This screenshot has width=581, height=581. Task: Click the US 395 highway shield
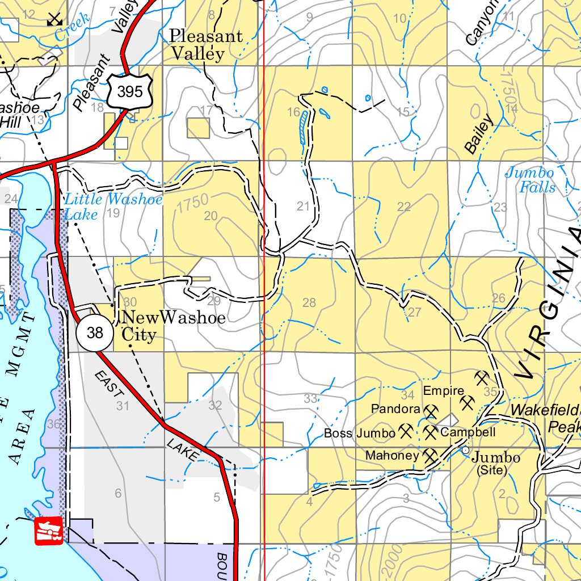coord(130,91)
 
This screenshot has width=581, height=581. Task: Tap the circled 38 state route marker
coord(95,332)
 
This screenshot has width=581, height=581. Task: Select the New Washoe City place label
coord(174,326)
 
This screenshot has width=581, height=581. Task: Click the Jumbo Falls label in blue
coord(531,180)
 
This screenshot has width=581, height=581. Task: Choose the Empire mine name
coord(444,391)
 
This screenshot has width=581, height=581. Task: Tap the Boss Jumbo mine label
coord(359,433)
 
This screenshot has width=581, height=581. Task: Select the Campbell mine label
coord(468,432)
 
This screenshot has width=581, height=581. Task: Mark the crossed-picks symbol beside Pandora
coord(431,410)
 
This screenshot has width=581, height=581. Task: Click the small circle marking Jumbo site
coord(465,450)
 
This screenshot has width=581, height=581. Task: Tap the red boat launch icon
coord(49,531)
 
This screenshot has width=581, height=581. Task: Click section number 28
coord(309,302)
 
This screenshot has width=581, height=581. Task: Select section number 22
coord(403,207)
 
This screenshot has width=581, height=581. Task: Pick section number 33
coord(310,398)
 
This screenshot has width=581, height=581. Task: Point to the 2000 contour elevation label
coord(395,558)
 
